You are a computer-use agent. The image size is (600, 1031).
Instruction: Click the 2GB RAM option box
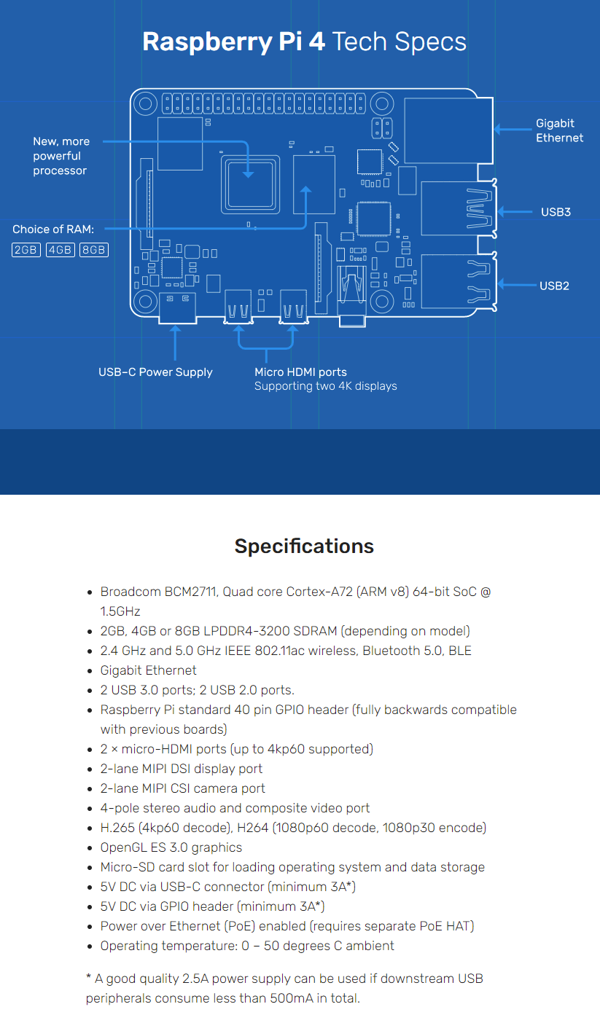[26, 250]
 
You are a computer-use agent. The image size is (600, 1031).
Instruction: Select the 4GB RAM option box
[61, 250]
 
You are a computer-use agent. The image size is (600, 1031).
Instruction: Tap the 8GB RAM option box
[94, 250]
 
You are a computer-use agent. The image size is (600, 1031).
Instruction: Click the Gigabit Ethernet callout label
[559, 130]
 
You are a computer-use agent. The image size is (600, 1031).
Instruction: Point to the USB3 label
[556, 212]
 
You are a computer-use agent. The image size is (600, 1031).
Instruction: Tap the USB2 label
[554, 286]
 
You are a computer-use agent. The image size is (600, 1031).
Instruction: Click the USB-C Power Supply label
[155, 372]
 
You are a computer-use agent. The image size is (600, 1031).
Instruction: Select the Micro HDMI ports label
[300, 372]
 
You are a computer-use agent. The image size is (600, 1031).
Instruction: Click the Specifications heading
[304, 546]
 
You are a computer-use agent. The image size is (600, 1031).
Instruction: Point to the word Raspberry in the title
[207, 42]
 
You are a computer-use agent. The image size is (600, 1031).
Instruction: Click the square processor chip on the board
[250, 184]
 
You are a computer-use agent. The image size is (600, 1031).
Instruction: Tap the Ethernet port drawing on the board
[448, 130]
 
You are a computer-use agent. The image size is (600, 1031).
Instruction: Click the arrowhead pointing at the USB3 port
[502, 212]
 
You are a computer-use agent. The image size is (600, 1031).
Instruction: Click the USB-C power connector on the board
[177, 308]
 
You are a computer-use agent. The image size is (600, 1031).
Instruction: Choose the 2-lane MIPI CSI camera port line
[182, 788]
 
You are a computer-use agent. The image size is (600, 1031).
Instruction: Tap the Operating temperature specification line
[247, 946]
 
